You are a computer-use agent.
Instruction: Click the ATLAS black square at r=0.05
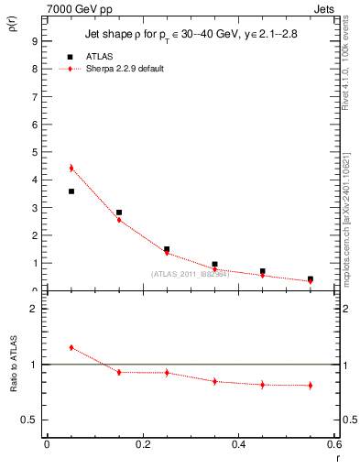tap(71, 191)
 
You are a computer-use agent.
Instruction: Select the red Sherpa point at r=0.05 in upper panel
tap(71, 168)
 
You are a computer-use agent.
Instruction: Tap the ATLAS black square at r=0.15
tap(119, 213)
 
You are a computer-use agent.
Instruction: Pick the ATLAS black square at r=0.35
tap(214, 264)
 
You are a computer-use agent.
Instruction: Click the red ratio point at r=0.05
tap(71, 347)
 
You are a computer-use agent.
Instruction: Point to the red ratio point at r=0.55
tap(311, 386)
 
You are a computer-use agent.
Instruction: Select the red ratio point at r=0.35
tap(214, 381)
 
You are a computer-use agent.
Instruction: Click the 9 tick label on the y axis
tap(34, 41)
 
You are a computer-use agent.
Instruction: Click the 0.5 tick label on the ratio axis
tap(30, 420)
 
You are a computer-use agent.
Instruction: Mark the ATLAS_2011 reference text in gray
tap(191, 274)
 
